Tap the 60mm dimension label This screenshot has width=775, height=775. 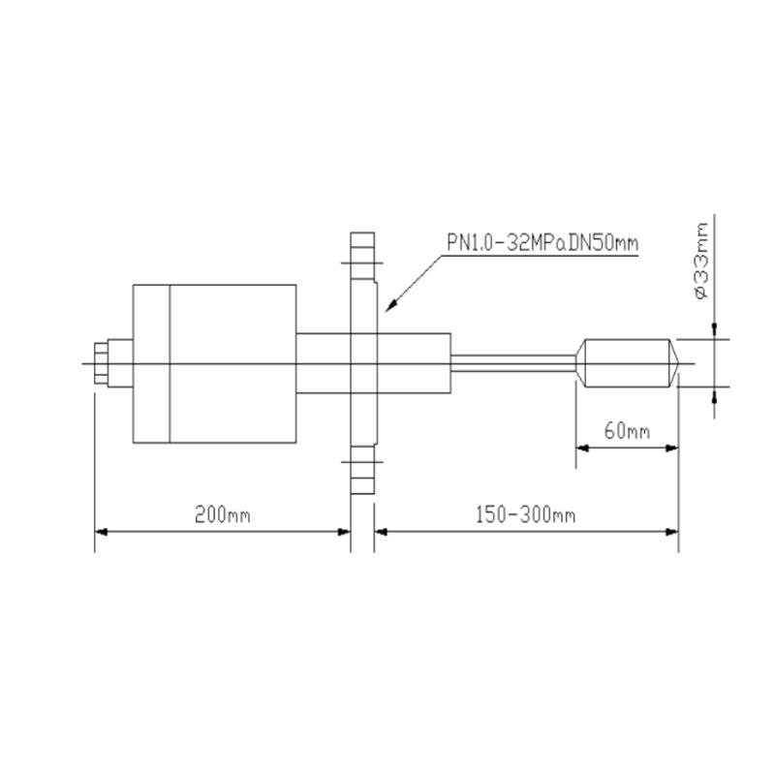tap(627, 430)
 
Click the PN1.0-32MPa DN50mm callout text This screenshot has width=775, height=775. tap(542, 242)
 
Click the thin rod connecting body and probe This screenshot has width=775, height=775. tap(513, 364)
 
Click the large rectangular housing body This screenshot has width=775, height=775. tap(232, 364)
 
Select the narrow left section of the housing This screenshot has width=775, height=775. tap(151, 364)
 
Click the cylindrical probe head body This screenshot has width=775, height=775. tap(620, 364)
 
